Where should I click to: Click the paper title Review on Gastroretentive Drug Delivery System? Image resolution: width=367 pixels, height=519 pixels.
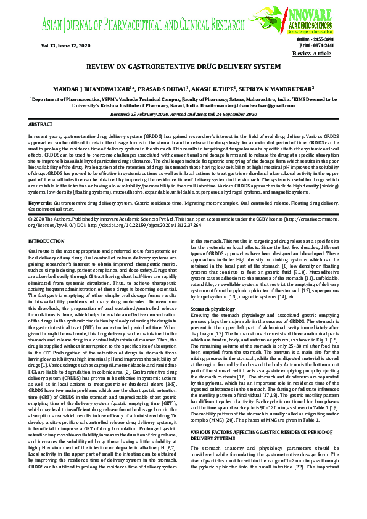(x=183, y=66)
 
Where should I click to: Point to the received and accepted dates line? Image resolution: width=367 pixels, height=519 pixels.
(x=183, y=114)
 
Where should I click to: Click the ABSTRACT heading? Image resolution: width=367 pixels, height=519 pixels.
(x=41, y=124)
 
